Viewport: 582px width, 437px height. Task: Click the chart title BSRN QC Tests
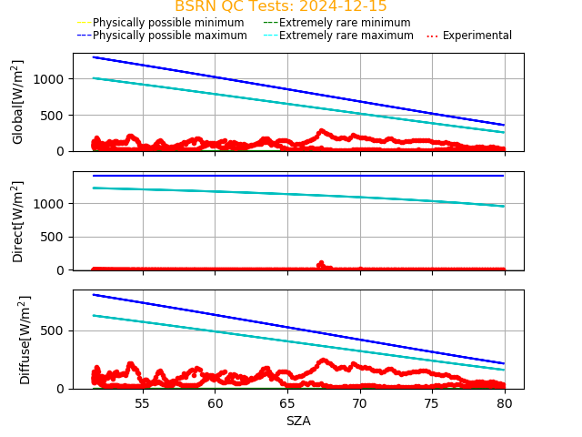point(280,6)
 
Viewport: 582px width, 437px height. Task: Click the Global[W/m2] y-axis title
point(18,102)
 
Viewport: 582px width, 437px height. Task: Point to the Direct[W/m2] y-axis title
point(18,221)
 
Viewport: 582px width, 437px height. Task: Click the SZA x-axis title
point(298,421)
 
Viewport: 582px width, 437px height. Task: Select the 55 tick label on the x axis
point(143,403)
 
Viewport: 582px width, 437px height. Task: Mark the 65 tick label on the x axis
point(287,403)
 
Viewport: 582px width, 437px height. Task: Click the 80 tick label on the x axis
point(505,403)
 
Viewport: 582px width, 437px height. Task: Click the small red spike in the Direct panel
point(320,264)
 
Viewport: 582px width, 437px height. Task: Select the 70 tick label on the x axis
point(360,403)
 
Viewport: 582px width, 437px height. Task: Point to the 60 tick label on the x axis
point(216,403)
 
